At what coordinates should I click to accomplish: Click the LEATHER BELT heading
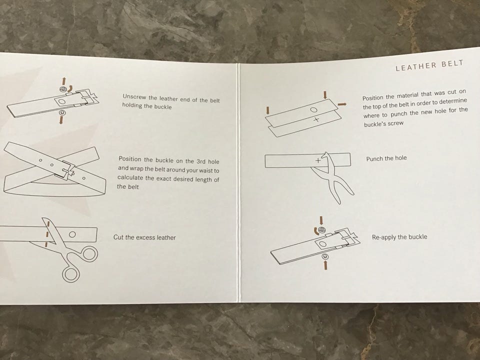[x=429, y=65]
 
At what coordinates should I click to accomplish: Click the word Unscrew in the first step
[x=134, y=96]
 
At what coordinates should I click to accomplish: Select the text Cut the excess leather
[x=144, y=237]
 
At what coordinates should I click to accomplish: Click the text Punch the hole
[x=386, y=158]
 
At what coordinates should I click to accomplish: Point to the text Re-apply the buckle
[x=399, y=237]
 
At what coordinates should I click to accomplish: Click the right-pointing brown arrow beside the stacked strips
[x=342, y=104]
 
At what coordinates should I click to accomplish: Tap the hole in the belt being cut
[x=72, y=234]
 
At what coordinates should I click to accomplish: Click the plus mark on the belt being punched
[x=318, y=160]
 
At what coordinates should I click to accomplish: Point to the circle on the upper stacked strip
[x=313, y=109]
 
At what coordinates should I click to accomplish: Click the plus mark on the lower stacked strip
[x=316, y=119]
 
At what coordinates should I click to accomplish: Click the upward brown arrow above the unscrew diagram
[x=63, y=81]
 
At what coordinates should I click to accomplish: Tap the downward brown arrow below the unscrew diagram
[x=61, y=120]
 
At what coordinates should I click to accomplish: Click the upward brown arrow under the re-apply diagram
[x=325, y=265]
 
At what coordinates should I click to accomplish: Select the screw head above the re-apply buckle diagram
[x=321, y=230]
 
